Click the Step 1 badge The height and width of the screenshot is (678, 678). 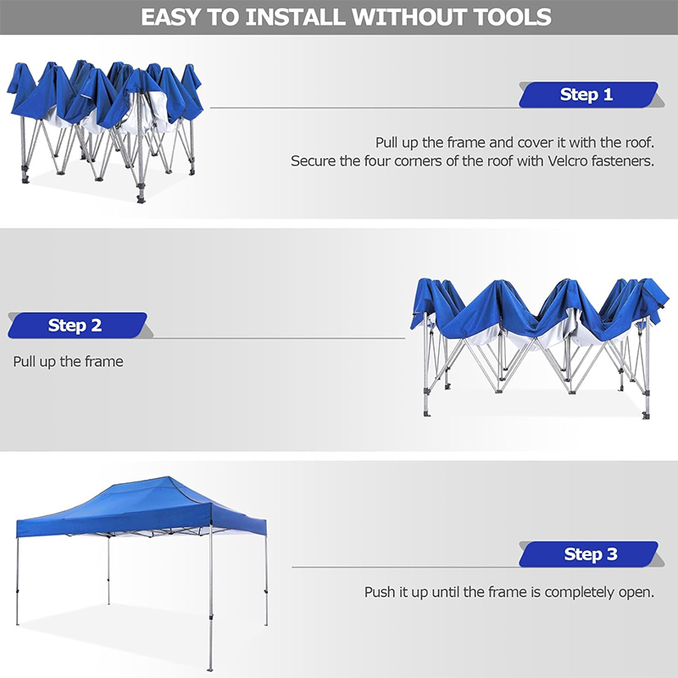pos(586,94)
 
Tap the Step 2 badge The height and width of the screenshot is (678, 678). pos(75,325)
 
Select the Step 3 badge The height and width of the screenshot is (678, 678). pos(590,554)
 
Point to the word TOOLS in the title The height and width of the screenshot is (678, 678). pos(509,16)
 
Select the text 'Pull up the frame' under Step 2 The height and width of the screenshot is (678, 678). pos(68,362)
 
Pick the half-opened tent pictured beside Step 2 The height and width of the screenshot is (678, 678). pos(538,343)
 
